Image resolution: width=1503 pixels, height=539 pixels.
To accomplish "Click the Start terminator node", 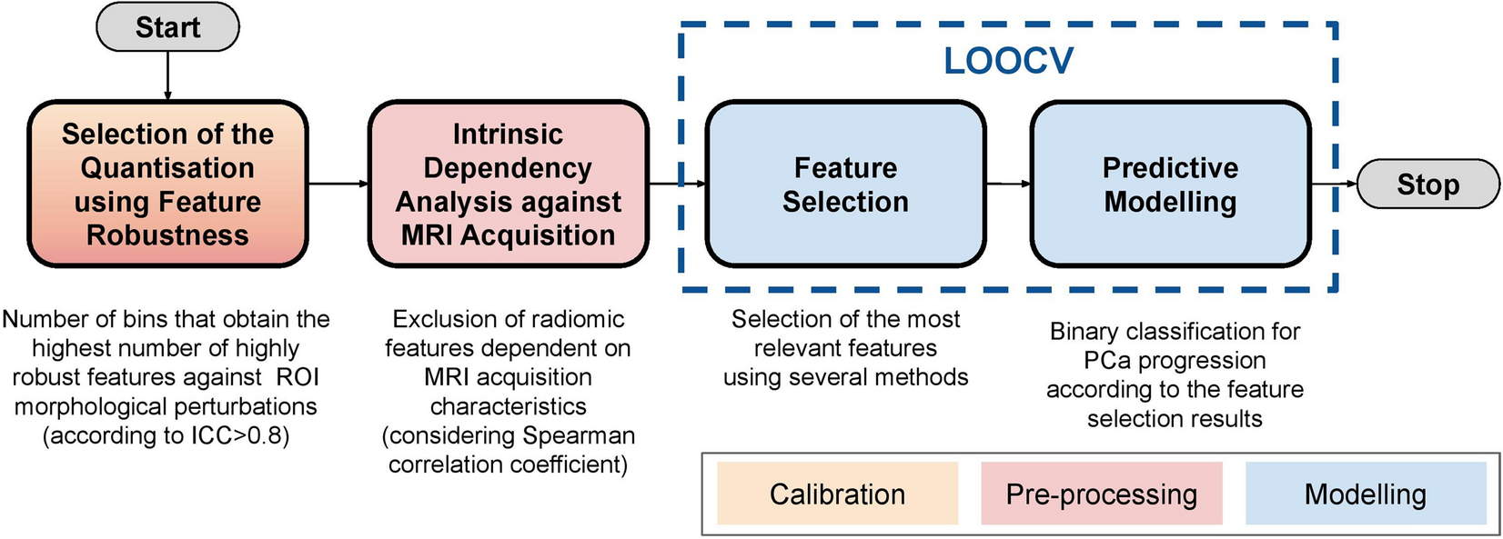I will point(167,27).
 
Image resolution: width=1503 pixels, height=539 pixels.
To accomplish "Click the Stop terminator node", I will point(1427,185).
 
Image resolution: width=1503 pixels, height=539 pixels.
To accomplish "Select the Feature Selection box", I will point(845,185).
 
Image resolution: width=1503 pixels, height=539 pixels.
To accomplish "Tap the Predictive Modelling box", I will point(1170,185).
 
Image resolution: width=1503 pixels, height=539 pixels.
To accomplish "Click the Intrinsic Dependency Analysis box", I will point(508,185).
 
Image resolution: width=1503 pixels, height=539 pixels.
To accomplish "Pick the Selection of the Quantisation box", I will point(167,185).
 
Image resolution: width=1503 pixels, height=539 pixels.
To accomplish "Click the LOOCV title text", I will point(1008,61).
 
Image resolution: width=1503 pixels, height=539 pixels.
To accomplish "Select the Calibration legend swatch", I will point(837,494).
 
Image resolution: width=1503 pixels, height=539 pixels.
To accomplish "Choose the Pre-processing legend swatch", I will point(1101,494).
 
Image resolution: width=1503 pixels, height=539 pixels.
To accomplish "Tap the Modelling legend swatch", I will point(1365,494).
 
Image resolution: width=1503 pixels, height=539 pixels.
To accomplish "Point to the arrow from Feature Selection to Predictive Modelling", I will point(1008,184).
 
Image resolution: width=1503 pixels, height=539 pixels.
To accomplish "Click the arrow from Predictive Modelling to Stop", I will point(1334,184).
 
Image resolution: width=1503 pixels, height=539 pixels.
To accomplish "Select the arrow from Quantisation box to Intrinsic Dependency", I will point(338,184).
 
